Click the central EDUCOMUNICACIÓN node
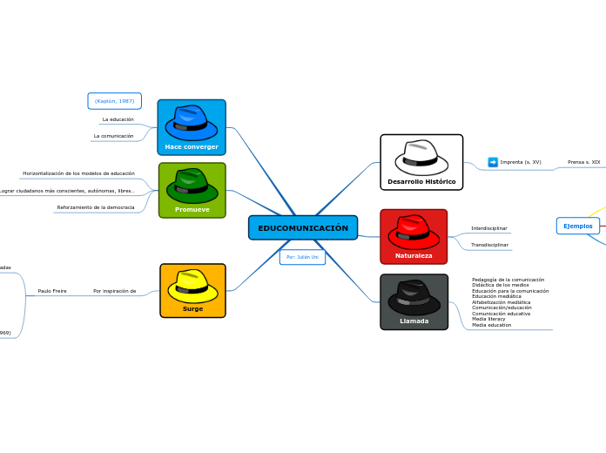coord(302,228)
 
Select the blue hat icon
coord(192,122)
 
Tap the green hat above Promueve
coord(192,185)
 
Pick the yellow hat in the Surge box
coord(192,286)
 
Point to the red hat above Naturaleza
coord(414,231)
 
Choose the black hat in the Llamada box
coord(414,297)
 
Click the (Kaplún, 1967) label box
coord(114,101)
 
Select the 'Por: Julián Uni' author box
coord(302,257)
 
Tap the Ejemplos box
coord(577,226)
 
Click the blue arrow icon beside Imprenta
coord(493,162)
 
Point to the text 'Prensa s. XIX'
coord(583,162)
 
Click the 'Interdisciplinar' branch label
coord(489,228)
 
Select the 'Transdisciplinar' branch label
coord(489,245)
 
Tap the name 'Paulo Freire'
coord(52,291)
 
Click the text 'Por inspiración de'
coord(114,291)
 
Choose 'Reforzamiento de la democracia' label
coord(96,207)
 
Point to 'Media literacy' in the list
coord(488,319)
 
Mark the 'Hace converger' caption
coord(192,147)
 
